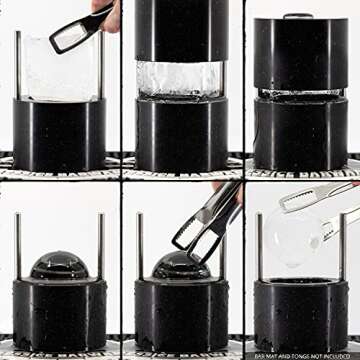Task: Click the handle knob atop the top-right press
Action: pyautogui.click(x=300, y=16)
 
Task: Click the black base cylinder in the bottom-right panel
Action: pyautogui.click(x=300, y=315)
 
